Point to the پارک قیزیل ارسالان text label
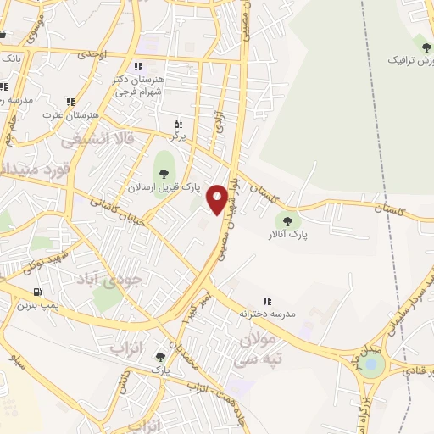click(164, 187)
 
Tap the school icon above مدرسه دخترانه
click(267, 301)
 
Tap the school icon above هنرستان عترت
click(70, 103)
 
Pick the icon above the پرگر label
click(178, 123)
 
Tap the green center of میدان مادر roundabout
click(371, 364)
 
